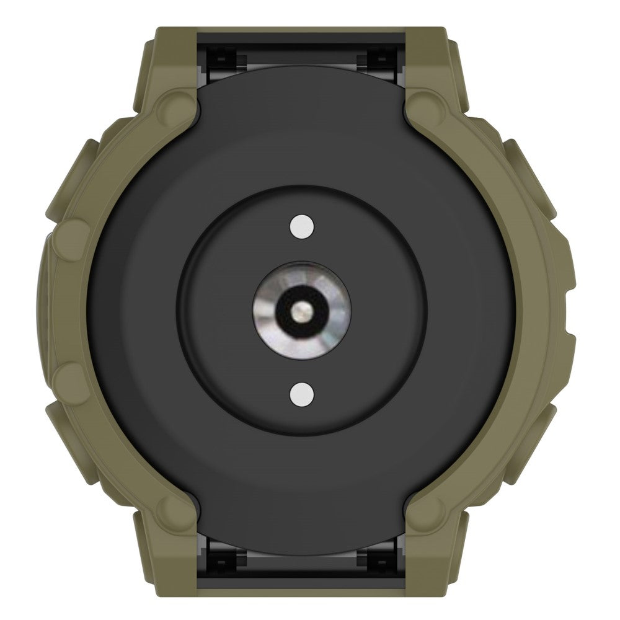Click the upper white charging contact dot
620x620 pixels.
pos(301,227)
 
